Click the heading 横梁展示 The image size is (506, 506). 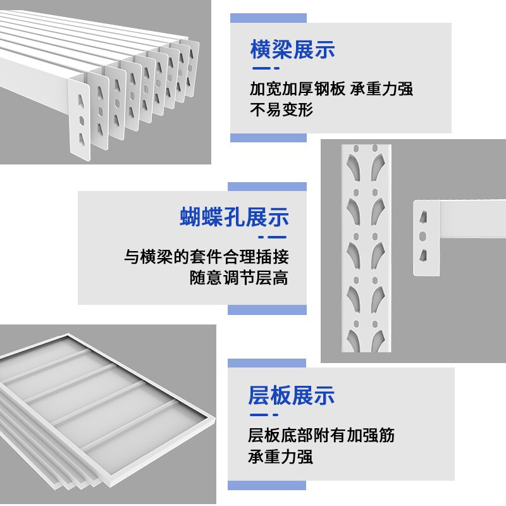(292, 50)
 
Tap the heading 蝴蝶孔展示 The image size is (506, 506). (234, 217)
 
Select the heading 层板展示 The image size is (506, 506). (292, 395)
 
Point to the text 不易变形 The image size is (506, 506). (281, 109)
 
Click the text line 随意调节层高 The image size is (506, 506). (239, 278)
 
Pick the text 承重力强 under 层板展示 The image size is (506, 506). (280, 457)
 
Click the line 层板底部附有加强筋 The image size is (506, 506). (321, 435)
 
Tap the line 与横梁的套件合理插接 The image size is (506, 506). (206, 257)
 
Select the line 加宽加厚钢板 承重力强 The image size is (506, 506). (331, 89)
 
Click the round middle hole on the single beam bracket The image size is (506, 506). (423, 237)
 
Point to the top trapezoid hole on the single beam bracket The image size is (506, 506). (423, 217)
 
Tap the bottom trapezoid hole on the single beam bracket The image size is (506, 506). (423, 256)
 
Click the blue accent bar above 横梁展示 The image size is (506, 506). (268, 18)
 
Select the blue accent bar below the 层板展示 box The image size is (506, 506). (267, 485)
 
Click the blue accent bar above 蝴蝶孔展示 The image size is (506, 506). (267, 187)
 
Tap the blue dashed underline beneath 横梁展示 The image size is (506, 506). (266, 68)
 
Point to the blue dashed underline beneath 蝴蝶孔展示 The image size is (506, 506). (273, 237)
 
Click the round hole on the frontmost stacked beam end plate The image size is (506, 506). (82, 121)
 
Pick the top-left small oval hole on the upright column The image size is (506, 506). (356, 149)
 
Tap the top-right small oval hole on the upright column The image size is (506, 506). (375, 149)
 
